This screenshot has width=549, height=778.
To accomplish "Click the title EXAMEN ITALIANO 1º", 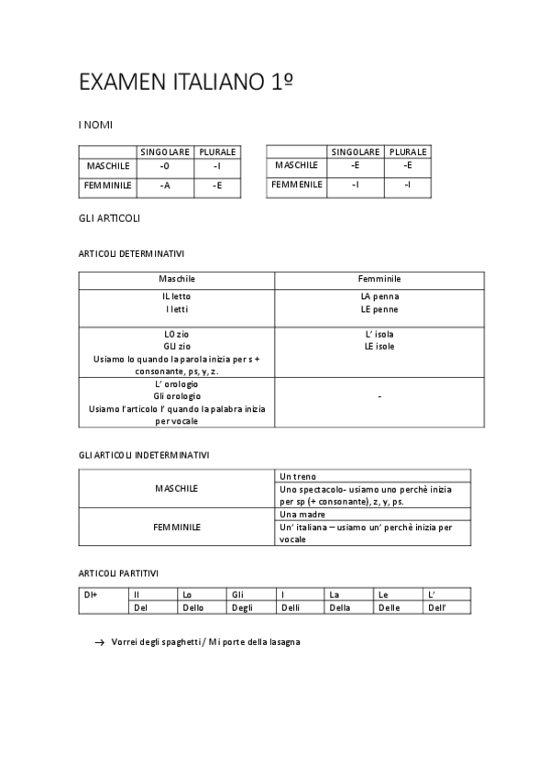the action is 186,83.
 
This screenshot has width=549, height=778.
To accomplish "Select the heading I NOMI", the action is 95,125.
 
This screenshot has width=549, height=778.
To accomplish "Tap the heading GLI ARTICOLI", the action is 109,218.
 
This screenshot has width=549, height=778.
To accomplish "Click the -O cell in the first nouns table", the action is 164,166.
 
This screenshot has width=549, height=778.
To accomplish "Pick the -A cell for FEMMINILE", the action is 164,185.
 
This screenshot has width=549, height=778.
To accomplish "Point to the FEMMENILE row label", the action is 297,184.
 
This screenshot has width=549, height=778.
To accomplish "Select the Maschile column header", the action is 177,279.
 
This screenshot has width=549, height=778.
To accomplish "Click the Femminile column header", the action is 379,279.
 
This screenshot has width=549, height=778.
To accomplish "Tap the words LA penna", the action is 379,296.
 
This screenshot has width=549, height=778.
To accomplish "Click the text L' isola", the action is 379,335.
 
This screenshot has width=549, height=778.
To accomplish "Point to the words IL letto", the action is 177,296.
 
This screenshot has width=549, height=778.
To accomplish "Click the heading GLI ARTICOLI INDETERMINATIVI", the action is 144,454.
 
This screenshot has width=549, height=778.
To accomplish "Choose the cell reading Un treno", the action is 298,477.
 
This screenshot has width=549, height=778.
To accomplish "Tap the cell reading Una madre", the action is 302,516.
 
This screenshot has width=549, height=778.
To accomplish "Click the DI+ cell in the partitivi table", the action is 91,595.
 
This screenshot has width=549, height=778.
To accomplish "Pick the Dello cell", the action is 193,607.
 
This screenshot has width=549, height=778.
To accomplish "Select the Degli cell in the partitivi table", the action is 243,607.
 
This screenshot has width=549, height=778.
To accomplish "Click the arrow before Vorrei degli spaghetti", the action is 99,643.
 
